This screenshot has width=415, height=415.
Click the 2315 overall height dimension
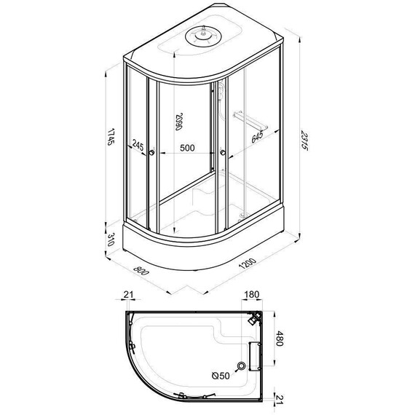pyautogui.click(x=304, y=141)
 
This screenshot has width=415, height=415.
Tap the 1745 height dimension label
pyautogui.click(x=111, y=137)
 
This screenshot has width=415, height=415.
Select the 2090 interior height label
pyautogui.click(x=179, y=122)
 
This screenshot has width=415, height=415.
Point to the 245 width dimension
pyautogui.click(x=138, y=145)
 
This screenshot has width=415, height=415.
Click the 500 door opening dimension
pyautogui.click(x=187, y=148)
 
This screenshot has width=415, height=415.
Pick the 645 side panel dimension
pyautogui.click(x=257, y=137)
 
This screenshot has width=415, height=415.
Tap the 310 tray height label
pyautogui.click(x=111, y=240)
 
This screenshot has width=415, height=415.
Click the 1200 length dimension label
pyautogui.click(x=248, y=264)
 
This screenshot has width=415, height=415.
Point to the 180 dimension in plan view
pyautogui.click(x=251, y=294)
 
